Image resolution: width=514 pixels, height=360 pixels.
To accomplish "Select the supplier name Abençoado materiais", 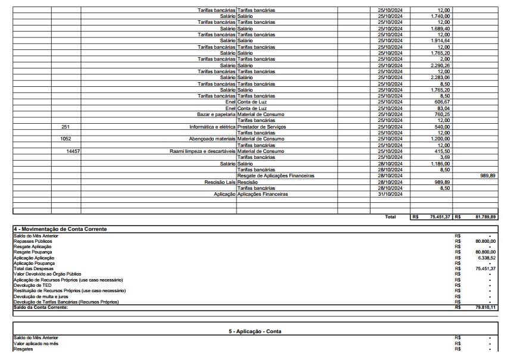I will (212, 139).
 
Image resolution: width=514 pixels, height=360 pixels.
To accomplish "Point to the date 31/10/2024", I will (390, 194).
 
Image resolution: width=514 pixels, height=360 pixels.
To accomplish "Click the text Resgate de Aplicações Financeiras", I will (275, 176).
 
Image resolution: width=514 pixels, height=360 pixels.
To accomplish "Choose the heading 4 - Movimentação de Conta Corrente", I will (60, 229).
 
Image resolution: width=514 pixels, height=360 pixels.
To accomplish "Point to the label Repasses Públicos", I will (32, 241).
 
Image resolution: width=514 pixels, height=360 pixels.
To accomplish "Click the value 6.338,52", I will (485, 258).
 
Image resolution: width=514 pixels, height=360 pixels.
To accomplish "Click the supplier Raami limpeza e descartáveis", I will (203, 151).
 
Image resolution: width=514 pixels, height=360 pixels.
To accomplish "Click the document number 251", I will (66, 127).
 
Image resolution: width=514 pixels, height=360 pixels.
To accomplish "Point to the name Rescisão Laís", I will (220, 181).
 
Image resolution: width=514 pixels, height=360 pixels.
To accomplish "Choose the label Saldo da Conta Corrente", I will (41, 307).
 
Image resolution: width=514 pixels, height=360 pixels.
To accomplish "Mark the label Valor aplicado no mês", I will (36, 343).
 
